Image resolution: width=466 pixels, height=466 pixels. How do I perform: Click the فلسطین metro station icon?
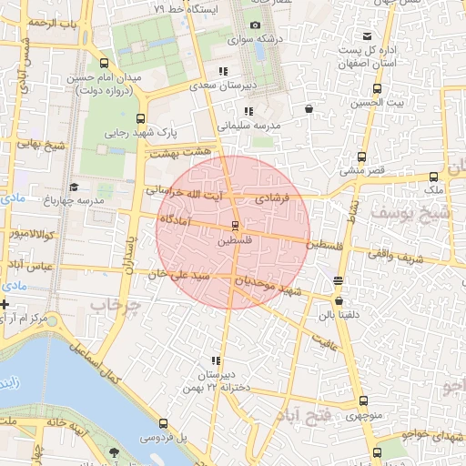click(235, 225)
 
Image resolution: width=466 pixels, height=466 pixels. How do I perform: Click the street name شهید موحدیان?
click(268, 286)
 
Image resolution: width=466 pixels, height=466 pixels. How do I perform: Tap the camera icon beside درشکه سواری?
click(255, 25)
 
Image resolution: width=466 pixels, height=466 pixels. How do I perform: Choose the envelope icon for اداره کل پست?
click(367, 35)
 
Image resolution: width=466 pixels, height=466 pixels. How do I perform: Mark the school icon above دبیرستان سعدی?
click(222, 70)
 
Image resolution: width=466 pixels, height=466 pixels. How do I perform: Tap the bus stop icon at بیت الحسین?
click(377, 89)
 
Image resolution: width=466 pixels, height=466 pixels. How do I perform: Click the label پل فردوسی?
click(163, 438)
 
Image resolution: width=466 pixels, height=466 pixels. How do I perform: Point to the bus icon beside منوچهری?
click(364, 400)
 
